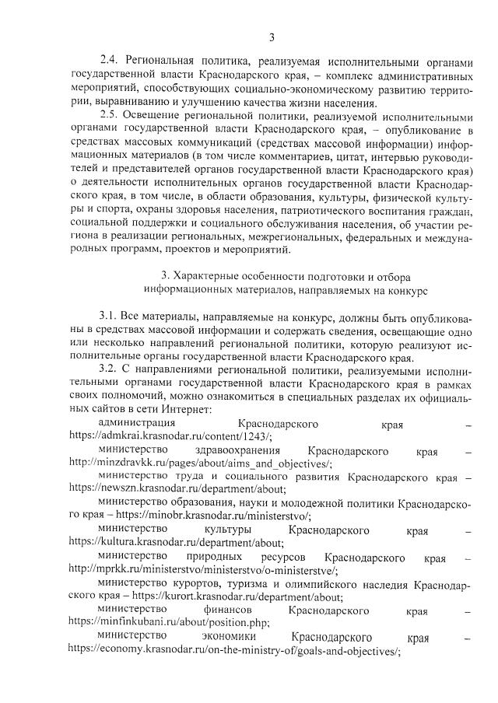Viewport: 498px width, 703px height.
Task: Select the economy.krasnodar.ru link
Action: (233, 652)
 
